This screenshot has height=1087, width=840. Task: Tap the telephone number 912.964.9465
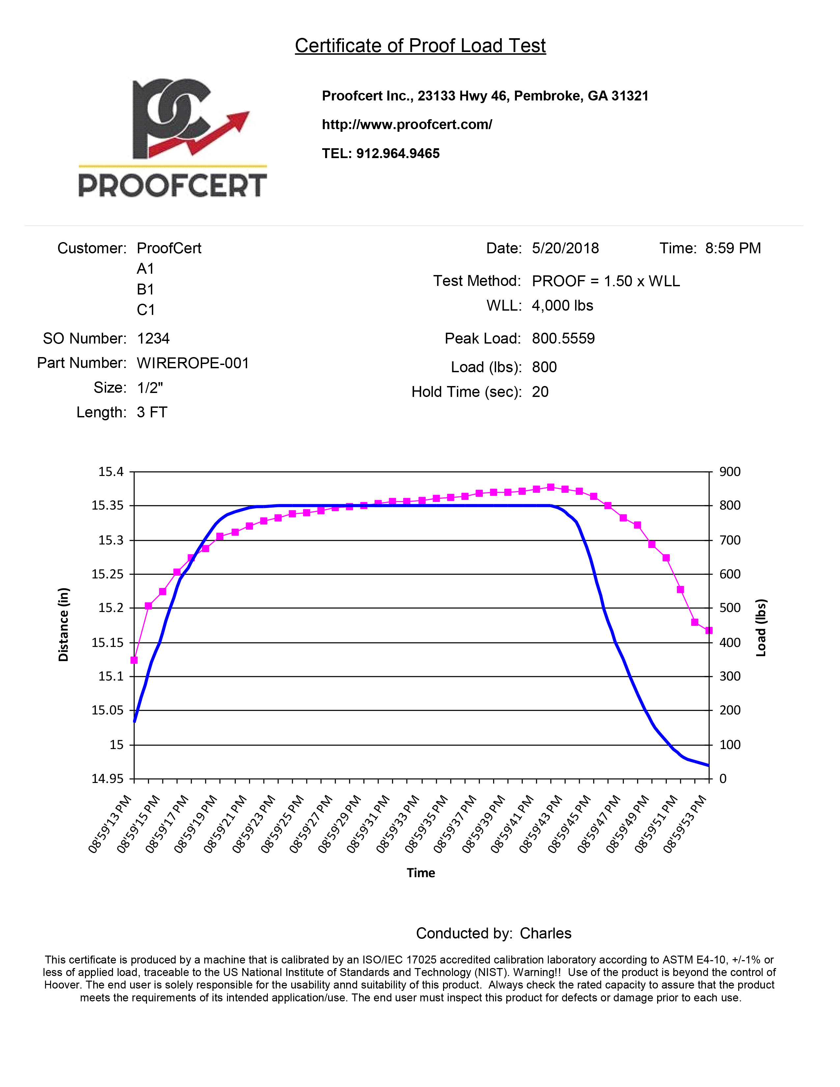point(398,153)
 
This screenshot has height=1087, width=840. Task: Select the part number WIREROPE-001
point(193,363)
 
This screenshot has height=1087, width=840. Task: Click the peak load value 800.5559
point(563,338)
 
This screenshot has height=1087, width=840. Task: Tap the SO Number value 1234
point(153,338)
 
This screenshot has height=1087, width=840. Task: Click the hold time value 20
point(540,392)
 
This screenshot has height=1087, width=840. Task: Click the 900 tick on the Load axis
point(730,471)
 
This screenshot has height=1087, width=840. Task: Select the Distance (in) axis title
point(63,625)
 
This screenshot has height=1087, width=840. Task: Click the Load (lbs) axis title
point(761,627)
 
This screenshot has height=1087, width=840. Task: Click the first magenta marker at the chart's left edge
point(134,660)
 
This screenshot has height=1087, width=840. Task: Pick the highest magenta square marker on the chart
point(550,487)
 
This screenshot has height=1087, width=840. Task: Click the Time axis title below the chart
point(421,873)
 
